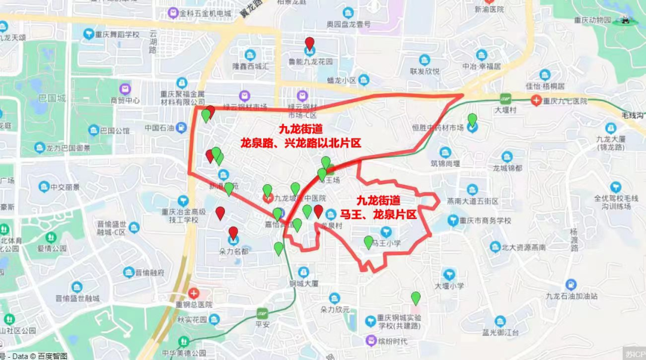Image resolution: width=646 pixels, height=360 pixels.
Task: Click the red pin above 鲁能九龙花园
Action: click(x=309, y=44)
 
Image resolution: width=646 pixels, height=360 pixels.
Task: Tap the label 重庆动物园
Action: click(x=593, y=20)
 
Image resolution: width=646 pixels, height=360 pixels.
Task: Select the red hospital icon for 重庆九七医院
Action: click(x=537, y=101)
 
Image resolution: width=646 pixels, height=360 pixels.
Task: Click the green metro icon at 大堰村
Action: click(x=505, y=99)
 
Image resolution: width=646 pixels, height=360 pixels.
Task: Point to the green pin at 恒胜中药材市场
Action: click(x=472, y=120)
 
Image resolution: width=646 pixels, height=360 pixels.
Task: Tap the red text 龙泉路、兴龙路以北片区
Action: click(x=300, y=144)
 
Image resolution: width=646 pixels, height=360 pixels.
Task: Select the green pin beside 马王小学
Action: click(x=368, y=242)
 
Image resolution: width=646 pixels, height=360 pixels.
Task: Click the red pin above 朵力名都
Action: click(x=233, y=233)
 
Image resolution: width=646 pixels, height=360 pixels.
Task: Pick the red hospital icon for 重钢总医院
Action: click(x=194, y=294)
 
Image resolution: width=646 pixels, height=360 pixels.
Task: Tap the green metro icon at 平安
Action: click(x=261, y=312)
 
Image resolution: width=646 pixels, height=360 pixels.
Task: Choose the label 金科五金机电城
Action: click(x=205, y=13)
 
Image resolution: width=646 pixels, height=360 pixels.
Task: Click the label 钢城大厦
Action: click(x=306, y=283)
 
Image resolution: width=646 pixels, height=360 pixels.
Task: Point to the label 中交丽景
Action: click(x=65, y=187)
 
